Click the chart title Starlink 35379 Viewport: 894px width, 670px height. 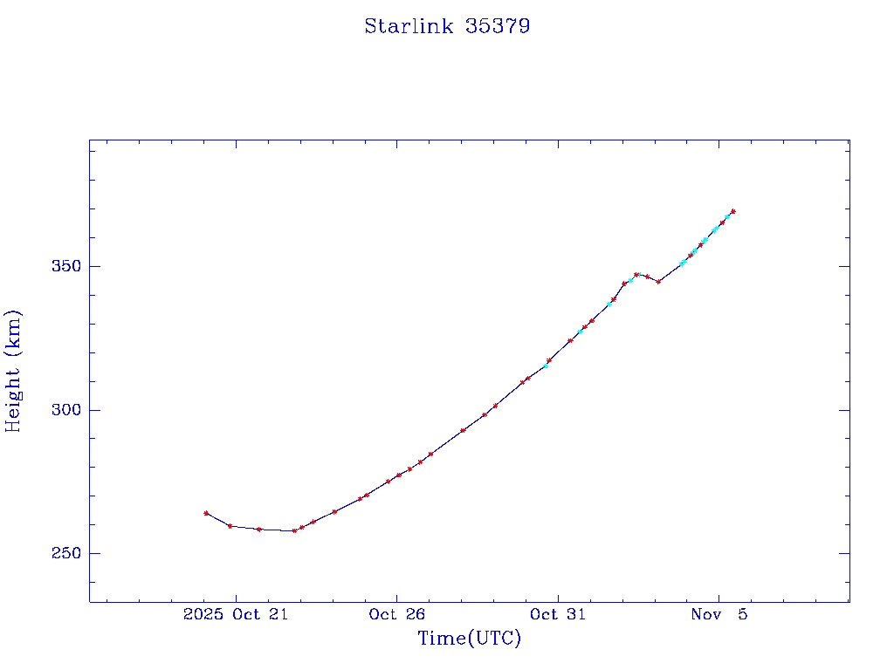click(447, 26)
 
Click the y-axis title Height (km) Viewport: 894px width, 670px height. click(13, 371)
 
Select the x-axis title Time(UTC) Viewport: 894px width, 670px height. click(470, 639)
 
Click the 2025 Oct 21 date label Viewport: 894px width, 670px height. click(236, 615)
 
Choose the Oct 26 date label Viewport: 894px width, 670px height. click(396, 615)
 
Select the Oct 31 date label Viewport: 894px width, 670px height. click(557, 615)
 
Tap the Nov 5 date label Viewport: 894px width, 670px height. click(719, 615)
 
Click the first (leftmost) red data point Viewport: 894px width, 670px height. click(206, 513)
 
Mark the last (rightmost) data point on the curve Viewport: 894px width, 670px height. click(732, 211)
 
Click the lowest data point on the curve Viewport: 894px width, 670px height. click(294, 530)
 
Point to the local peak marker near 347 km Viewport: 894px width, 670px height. click(636, 275)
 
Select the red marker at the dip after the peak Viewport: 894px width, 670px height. click(658, 281)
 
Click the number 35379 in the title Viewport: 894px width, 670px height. click(498, 26)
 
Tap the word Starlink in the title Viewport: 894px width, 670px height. click(409, 26)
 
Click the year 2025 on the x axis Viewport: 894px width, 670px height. click(203, 615)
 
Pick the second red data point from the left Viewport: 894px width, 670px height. click(230, 526)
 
